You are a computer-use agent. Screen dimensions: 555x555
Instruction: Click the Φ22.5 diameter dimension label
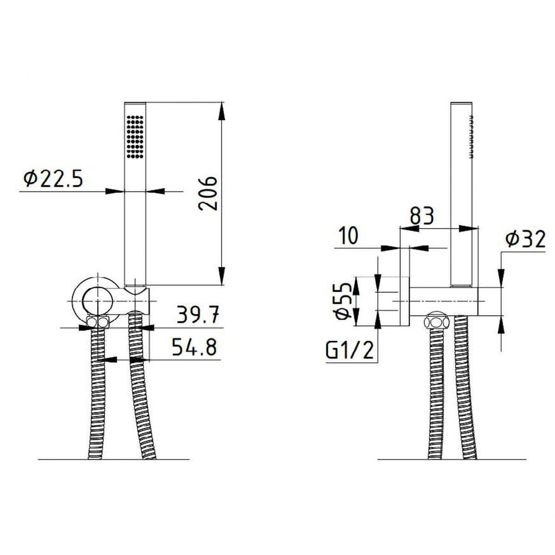(x=53, y=179)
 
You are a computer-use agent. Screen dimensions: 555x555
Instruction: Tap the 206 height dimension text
(x=208, y=193)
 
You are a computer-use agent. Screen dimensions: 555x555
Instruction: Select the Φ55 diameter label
(x=343, y=301)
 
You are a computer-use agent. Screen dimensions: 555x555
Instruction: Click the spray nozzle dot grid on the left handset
(x=135, y=137)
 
